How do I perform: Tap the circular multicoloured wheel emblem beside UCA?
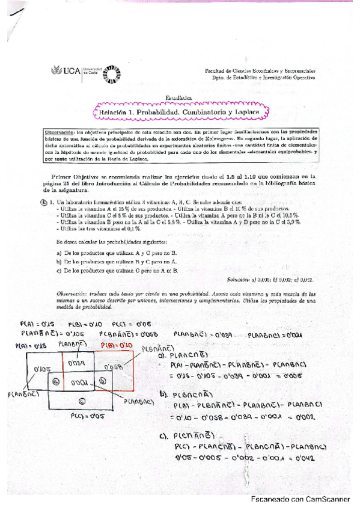pyautogui.click(x=112, y=72)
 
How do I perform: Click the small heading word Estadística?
pyautogui.click(x=178, y=97)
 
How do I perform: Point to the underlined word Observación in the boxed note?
pyautogui.click(x=63, y=131)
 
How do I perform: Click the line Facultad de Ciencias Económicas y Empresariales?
pyautogui.click(x=260, y=70)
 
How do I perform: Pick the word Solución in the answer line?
pyautogui.click(x=240, y=280)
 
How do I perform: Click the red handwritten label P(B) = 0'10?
pyautogui.click(x=115, y=345)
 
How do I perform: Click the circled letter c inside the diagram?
pyautogui.click(x=82, y=401)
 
